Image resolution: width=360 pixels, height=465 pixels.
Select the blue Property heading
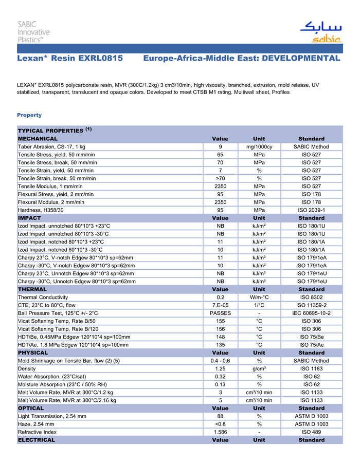coord(29,115)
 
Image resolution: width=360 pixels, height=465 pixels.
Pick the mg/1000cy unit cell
coord(259,147)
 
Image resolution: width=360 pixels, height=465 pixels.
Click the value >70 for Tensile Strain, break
coord(220,178)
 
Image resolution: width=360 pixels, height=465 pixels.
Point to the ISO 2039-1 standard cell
coord(311,210)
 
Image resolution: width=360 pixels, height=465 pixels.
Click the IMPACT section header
coord(29,218)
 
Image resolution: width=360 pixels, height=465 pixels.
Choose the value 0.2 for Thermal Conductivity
coord(220,297)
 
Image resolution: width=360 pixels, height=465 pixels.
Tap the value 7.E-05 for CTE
coord(220,305)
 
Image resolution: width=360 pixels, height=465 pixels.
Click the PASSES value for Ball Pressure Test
coord(220,313)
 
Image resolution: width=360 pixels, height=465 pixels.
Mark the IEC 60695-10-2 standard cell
coord(311,313)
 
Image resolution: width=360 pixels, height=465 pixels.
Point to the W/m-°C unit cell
coord(259,297)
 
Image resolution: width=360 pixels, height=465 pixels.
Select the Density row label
coord(27,368)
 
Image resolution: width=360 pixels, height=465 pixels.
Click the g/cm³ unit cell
coord(259,368)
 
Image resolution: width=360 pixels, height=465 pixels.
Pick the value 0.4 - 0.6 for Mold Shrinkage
coord(220,361)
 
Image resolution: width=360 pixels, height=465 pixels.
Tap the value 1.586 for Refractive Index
coord(220,432)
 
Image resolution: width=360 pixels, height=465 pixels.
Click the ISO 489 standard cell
coord(311,432)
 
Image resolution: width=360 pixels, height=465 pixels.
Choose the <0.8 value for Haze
coord(220,424)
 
